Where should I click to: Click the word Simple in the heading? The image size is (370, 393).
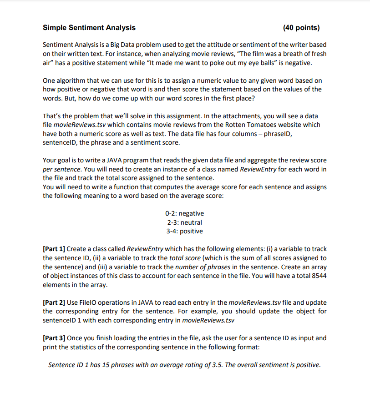[x=55, y=28]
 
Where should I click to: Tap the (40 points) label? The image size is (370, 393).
[x=301, y=28]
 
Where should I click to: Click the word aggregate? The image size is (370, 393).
[x=277, y=161]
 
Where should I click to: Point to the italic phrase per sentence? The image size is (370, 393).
[x=61, y=169]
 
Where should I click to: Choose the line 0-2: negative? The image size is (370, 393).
[x=184, y=213]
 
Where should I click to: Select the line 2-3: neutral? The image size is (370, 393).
[x=184, y=222]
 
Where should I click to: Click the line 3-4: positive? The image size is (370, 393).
[x=184, y=231]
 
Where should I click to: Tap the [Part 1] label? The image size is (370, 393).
[x=54, y=249]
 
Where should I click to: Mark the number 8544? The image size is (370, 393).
[x=317, y=276]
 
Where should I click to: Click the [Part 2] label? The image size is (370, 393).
[x=54, y=302]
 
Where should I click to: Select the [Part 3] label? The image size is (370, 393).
[x=54, y=338]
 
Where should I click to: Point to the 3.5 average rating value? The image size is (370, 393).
[x=221, y=365]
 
